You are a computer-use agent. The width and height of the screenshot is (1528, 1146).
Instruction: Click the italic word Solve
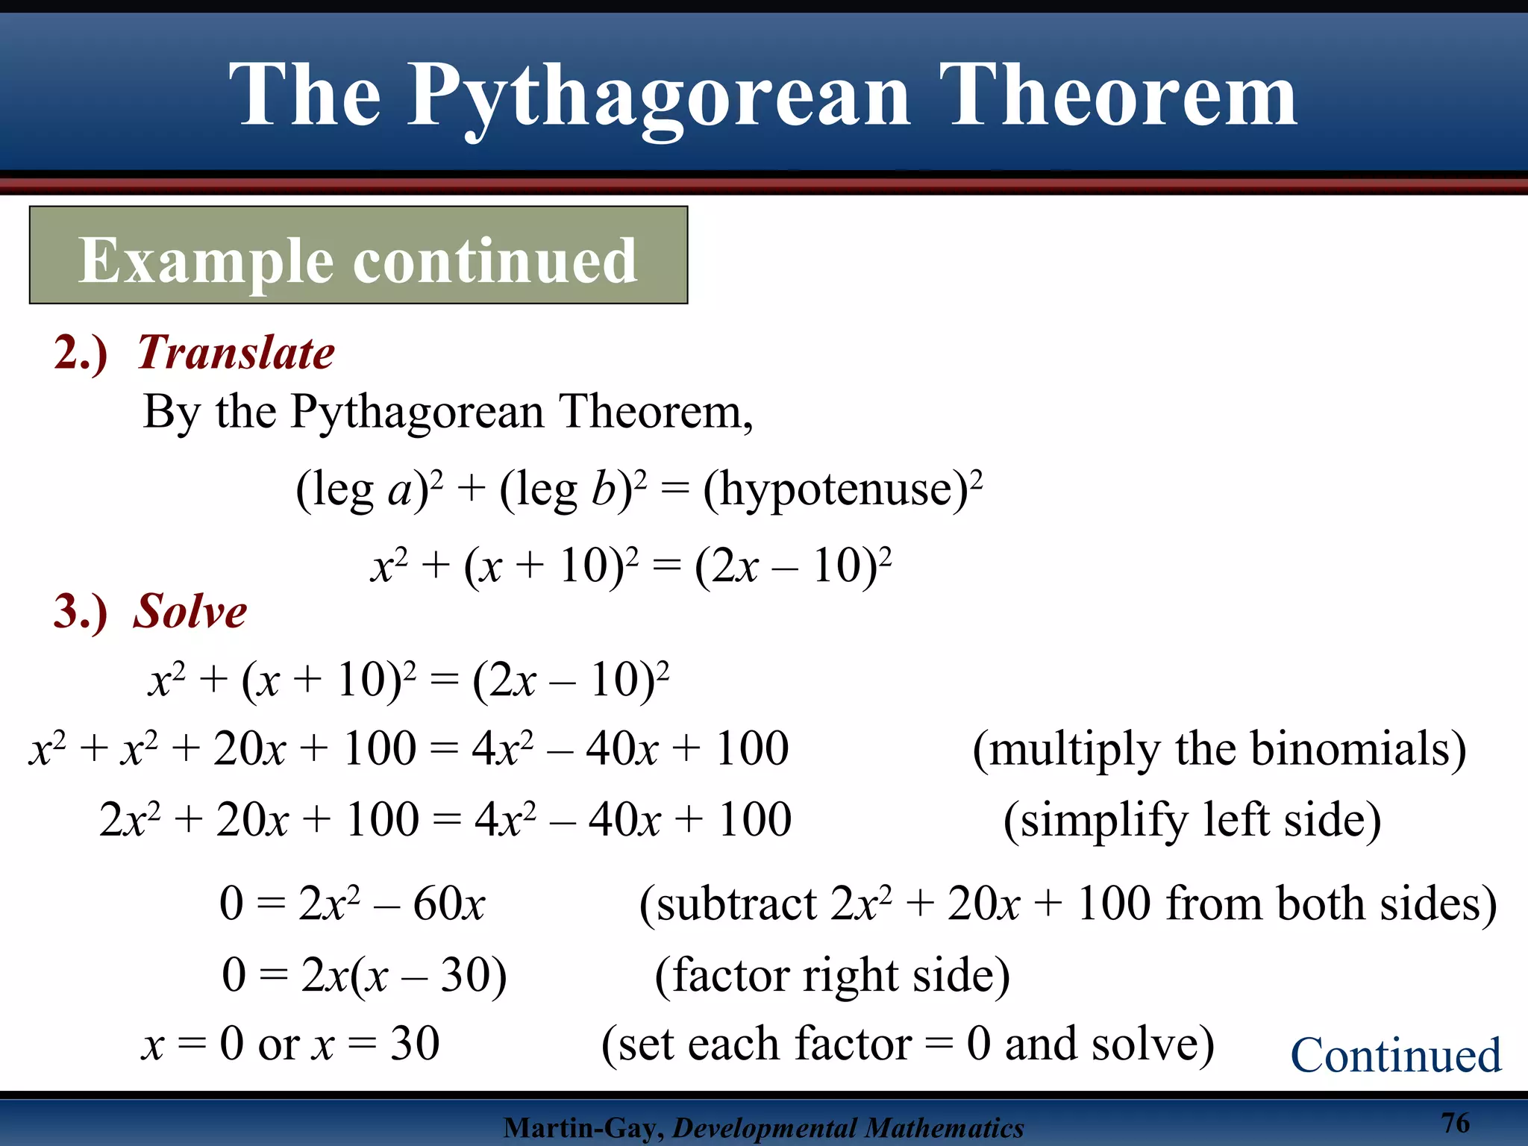coord(190,611)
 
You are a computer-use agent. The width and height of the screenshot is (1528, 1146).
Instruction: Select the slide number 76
coord(1455,1123)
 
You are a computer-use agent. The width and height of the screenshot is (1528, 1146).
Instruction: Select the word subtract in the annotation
coord(736,904)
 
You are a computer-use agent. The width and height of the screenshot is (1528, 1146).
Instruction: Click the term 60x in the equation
coord(448,904)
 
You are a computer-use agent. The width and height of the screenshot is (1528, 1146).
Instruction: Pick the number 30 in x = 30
coord(414,1043)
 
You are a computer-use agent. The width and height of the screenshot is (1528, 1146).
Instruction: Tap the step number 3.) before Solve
coord(81,611)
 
